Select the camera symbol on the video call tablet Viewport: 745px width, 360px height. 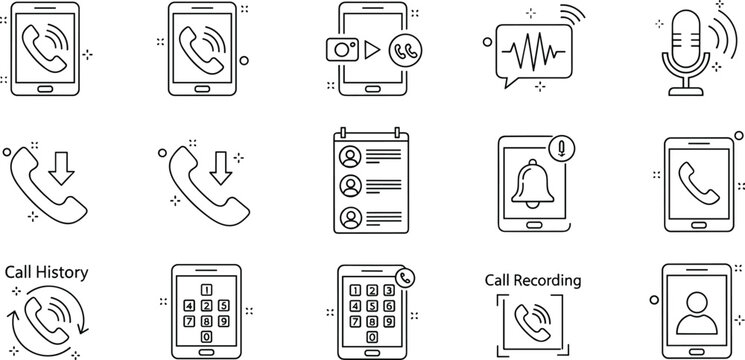pyautogui.click(x=343, y=48)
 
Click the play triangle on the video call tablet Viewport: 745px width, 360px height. pyautogui.click(x=372, y=48)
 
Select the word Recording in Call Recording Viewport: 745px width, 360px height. pyautogui.click(x=553, y=280)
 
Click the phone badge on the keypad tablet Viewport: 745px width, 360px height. pyautogui.click(x=405, y=279)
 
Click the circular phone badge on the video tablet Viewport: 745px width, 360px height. pyautogui.click(x=405, y=50)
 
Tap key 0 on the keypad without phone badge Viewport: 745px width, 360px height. pyautogui.click(x=206, y=336)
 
